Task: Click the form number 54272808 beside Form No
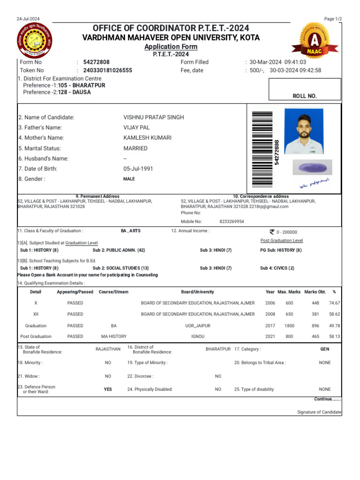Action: tap(97, 62)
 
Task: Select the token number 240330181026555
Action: tap(108, 71)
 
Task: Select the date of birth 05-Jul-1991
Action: tap(138, 169)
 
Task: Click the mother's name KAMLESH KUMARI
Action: tap(148, 138)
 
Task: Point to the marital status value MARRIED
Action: tap(135, 148)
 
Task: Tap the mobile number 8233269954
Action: tap(232, 222)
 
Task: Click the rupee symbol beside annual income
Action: tap(271, 232)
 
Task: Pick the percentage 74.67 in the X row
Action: tap(334, 303)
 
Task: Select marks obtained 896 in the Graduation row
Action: tap(315, 326)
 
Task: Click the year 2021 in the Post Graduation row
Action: tap(270, 337)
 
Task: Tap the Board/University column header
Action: tap(197, 292)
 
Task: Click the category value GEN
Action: tap(324, 349)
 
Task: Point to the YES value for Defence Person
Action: tap(108, 389)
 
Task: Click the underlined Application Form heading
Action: tap(171, 47)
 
